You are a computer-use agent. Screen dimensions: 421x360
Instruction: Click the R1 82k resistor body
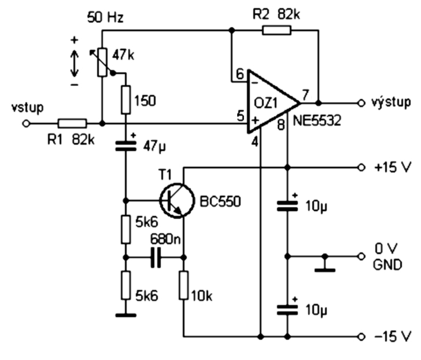pyautogui.click(x=72, y=124)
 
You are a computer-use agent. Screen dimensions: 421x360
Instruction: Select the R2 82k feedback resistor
pyautogui.click(x=276, y=30)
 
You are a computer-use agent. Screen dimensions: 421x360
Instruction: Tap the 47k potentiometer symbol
pyautogui.click(x=102, y=63)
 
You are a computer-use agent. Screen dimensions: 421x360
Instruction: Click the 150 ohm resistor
pyautogui.click(x=125, y=100)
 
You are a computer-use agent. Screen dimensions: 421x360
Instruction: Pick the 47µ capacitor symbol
pyautogui.click(x=125, y=146)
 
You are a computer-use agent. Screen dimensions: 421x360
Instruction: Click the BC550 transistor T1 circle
pyautogui.click(x=176, y=200)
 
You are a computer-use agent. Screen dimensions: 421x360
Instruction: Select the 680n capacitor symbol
pyautogui.click(x=156, y=258)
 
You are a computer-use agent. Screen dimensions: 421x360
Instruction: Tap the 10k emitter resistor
pyautogui.click(x=184, y=285)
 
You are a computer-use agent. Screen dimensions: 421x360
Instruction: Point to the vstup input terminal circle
pyautogui.click(x=26, y=124)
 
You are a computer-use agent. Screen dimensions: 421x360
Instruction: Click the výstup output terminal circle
pyautogui.click(x=361, y=103)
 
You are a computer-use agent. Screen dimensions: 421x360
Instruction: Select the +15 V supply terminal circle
pyautogui.click(x=361, y=168)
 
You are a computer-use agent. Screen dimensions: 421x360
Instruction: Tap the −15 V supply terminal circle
pyautogui.click(x=361, y=336)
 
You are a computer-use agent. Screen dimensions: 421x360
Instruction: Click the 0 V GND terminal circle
pyautogui.click(x=361, y=257)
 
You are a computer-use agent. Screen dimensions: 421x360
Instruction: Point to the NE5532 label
pyautogui.click(x=317, y=120)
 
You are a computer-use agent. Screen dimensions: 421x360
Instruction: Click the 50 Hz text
pyautogui.click(x=105, y=17)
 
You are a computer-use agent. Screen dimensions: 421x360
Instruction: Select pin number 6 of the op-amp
pyautogui.click(x=240, y=74)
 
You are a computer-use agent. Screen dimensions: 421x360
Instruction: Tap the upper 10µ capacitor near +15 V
pyautogui.click(x=287, y=206)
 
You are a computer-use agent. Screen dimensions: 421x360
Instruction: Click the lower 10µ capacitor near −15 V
pyautogui.click(x=287, y=310)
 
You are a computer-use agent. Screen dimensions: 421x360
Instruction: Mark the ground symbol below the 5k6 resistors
pyautogui.click(x=125, y=315)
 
